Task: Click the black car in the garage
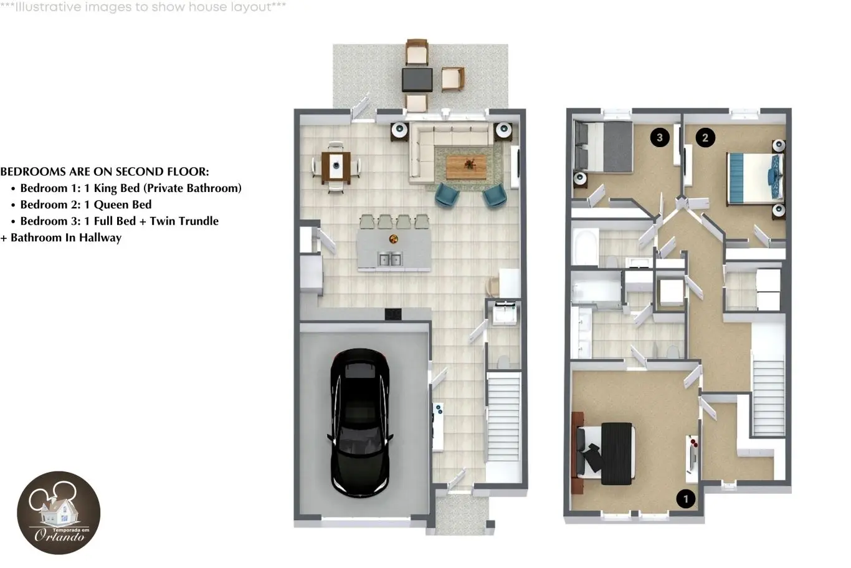(360, 423)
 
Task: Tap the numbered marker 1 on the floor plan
(686, 499)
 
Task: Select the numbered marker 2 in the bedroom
(705, 137)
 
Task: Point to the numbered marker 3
(660, 137)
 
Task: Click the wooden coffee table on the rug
(466, 166)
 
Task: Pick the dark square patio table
(417, 79)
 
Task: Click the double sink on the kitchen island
(390, 259)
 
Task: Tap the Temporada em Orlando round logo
(59, 513)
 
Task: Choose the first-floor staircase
(503, 416)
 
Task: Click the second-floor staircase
(768, 398)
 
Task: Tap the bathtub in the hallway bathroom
(585, 247)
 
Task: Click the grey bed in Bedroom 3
(603, 147)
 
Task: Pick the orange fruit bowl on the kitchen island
(394, 239)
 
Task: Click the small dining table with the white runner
(336, 166)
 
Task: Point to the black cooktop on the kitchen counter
(393, 314)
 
